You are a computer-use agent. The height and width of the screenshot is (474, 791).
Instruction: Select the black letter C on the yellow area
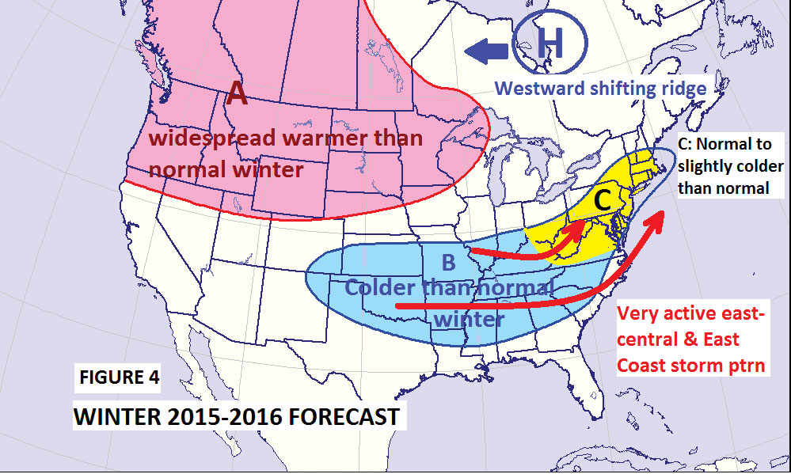click(x=602, y=200)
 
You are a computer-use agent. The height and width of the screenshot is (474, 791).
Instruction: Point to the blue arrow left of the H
click(x=486, y=52)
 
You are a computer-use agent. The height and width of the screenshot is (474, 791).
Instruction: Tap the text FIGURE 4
click(x=119, y=377)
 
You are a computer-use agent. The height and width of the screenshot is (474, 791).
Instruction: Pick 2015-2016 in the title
click(x=216, y=415)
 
